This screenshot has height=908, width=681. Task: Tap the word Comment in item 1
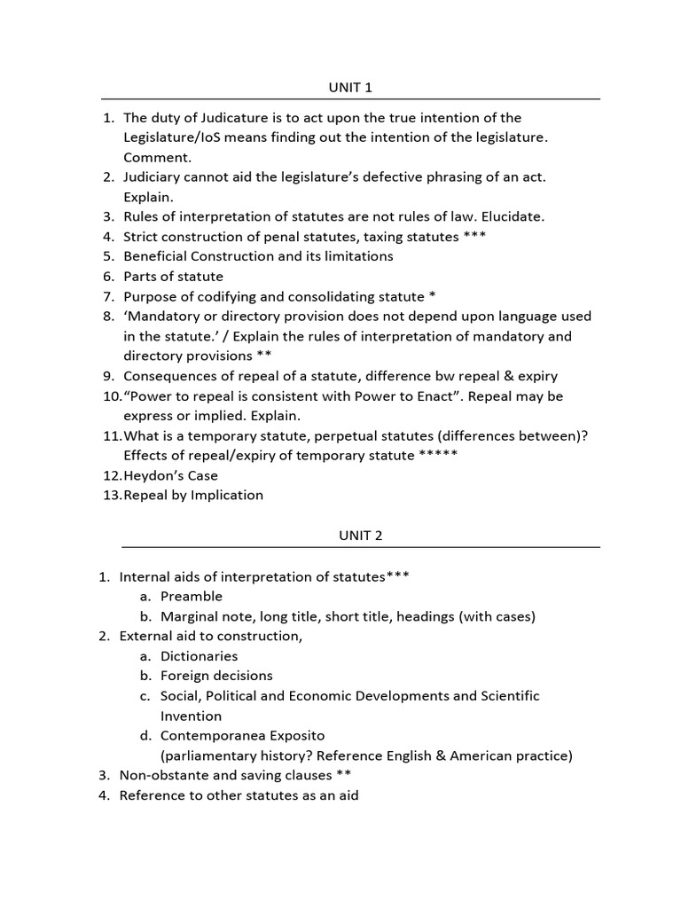(157, 157)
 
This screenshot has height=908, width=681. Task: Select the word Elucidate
(511, 216)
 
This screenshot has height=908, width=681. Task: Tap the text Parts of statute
(173, 276)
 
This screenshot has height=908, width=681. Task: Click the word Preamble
(191, 596)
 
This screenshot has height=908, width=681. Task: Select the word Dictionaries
(199, 656)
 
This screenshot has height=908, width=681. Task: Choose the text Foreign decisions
(216, 676)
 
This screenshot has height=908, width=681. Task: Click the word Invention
(191, 716)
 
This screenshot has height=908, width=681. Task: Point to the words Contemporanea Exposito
(242, 736)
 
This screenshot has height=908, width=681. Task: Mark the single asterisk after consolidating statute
(431, 296)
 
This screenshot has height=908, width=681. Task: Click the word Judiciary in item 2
(155, 176)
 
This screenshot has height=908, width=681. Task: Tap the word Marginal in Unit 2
(189, 616)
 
